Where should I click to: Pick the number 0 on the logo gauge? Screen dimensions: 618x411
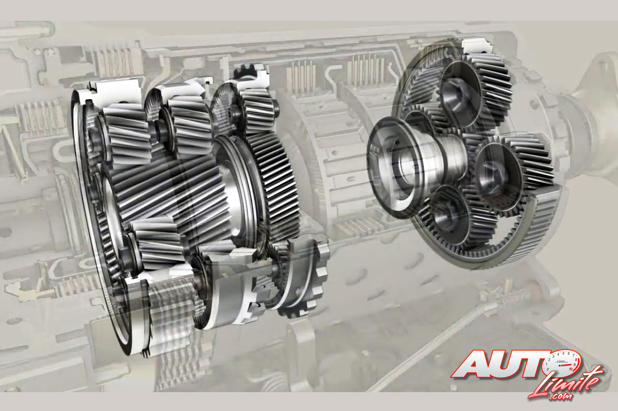coord(548,369)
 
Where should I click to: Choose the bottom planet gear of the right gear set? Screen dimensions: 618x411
coord(455,216)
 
